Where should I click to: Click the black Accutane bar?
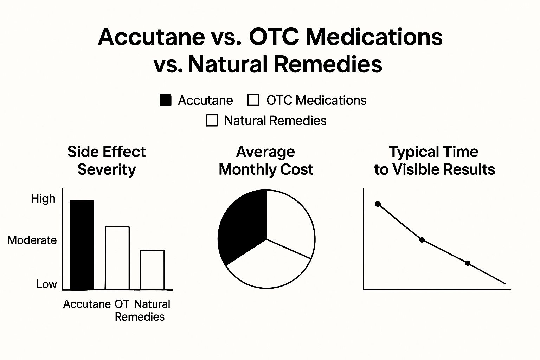[x=82, y=245]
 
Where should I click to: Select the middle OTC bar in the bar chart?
[x=117, y=258]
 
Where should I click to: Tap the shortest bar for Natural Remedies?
[x=152, y=270]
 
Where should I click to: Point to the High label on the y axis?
[x=43, y=199]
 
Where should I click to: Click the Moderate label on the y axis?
[x=32, y=240]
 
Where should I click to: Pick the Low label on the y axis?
[x=46, y=284]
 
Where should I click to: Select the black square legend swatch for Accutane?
[x=166, y=100]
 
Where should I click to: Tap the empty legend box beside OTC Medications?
[x=253, y=100]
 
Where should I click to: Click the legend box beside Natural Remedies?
[x=212, y=121]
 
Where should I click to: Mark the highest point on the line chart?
[x=378, y=204]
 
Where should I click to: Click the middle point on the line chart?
[x=422, y=240]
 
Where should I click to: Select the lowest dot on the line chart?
[x=468, y=263]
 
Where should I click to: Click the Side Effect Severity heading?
[x=107, y=161]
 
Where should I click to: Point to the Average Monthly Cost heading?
[x=266, y=161]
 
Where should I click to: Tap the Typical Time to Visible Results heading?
[x=435, y=161]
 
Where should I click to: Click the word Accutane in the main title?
[x=152, y=37]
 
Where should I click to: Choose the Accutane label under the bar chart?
[x=87, y=304]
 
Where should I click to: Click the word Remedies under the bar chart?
[x=140, y=317]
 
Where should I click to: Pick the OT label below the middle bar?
[x=122, y=304]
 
